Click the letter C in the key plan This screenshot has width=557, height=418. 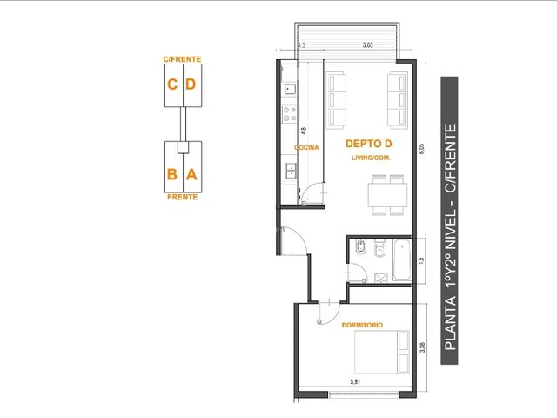[x=172, y=84]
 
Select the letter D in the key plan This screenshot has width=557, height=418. [x=191, y=84]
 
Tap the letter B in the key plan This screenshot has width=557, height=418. [x=172, y=174]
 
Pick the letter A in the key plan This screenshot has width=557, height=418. [x=191, y=174]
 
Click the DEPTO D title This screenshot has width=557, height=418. [x=369, y=144]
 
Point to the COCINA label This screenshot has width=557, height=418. [x=306, y=147]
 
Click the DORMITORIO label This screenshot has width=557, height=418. [x=362, y=325]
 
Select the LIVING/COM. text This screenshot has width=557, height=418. [x=371, y=158]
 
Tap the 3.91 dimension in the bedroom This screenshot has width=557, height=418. [x=355, y=382]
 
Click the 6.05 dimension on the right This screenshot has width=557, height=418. [x=421, y=149]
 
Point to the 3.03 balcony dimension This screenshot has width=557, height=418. [x=367, y=45]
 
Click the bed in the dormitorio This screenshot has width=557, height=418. [x=382, y=352]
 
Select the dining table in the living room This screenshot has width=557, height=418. [x=387, y=195]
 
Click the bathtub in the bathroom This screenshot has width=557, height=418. [x=402, y=260]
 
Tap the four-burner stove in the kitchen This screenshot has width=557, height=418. [x=290, y=114]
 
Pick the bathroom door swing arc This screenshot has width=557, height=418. [x=362, y=268]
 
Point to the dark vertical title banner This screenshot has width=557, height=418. [x=449, y=220]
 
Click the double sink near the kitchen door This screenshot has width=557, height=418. [x=291, y=171]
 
